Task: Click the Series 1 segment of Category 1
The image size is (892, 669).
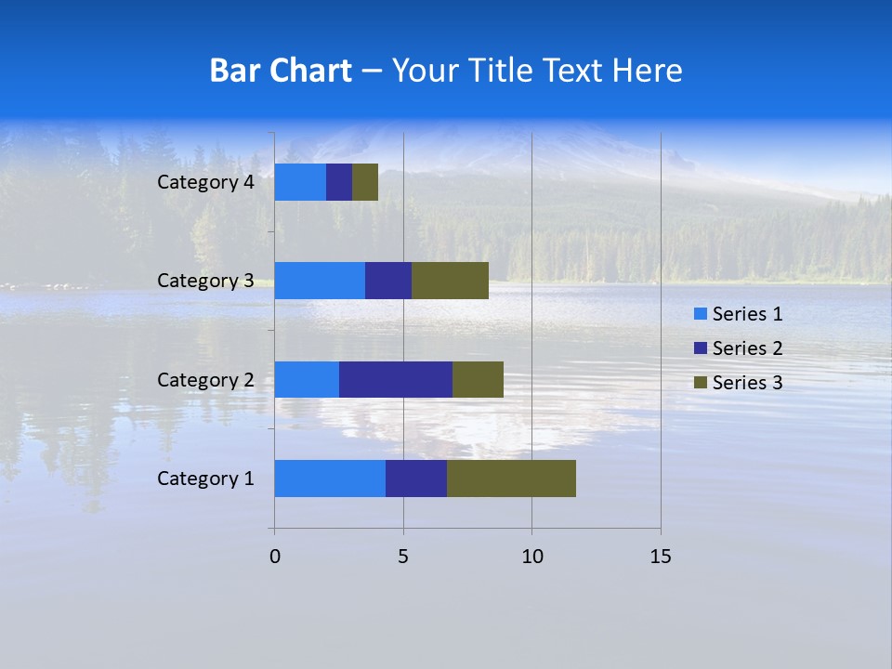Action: coord(330,479)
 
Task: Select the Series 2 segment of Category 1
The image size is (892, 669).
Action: coord(416,479)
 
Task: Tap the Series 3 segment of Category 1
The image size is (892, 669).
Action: coord(511,479)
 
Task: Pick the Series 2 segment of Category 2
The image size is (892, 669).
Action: coord(396,379)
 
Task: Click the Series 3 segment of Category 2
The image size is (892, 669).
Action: coord(478,379)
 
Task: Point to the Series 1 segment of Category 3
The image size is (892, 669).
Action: coord(320,281)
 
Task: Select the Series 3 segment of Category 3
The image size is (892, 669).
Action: coord(450,281)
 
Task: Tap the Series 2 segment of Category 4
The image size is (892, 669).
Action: coord(339,182)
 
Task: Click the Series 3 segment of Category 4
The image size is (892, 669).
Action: coord(365,182)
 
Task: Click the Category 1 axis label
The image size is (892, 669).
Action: coord(204,479)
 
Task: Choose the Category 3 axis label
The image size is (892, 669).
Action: coord(204,281)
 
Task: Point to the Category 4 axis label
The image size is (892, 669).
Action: coord(204,182)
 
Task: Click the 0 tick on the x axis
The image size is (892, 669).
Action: coord(275,557)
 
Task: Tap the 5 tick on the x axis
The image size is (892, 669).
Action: coord(403,557)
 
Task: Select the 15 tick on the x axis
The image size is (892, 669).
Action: coord(660,557)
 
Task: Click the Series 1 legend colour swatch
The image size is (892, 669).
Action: coord(699,314)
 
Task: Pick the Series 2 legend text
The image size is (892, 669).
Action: coord(747,348)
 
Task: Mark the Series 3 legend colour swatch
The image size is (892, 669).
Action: coord(699,383)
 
